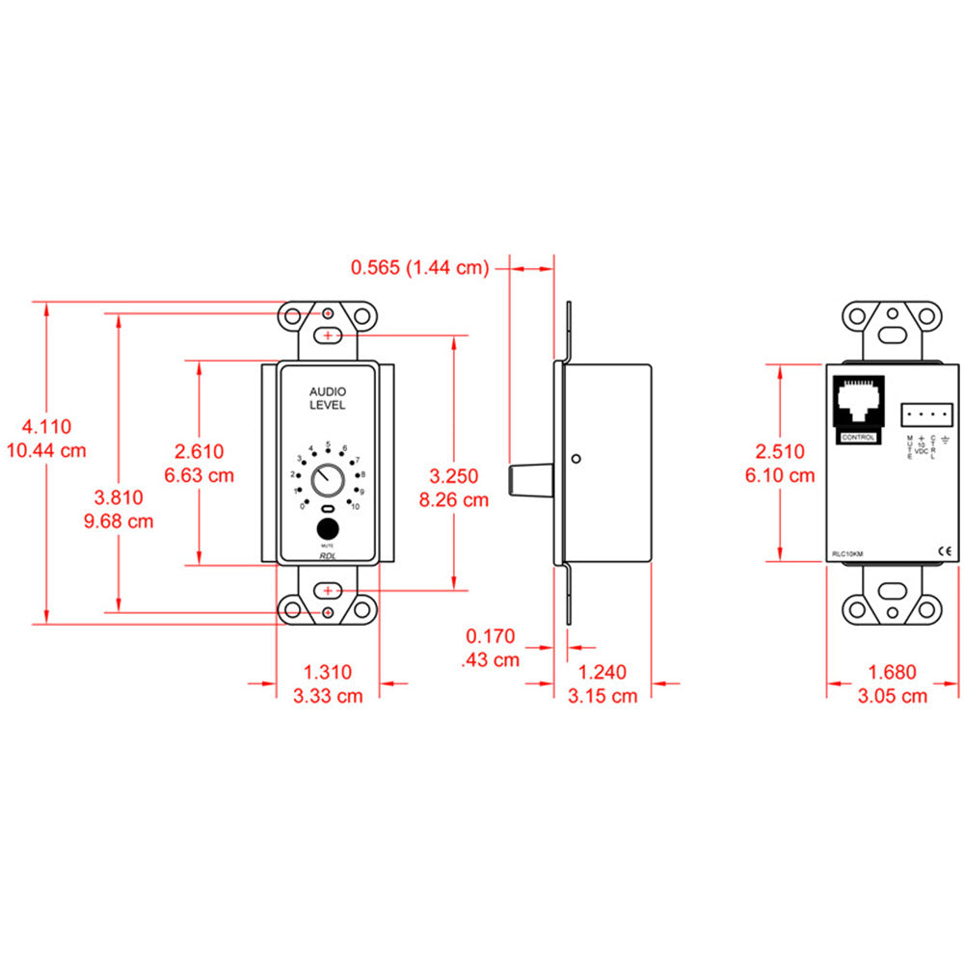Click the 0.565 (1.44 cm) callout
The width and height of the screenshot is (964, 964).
[x=419, y=267]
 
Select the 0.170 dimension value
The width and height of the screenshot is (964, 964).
[x=490, y=637]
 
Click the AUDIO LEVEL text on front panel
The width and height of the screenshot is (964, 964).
[x=327, y=398]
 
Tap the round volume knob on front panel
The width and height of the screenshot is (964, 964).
[x=327, y=478]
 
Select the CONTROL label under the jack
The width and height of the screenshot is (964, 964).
[x=858, y=437]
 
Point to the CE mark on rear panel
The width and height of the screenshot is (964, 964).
[x=945, y=551]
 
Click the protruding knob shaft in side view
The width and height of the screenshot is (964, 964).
[x=529, y=479]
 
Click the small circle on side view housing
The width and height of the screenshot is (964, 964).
[x=575, y=459]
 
